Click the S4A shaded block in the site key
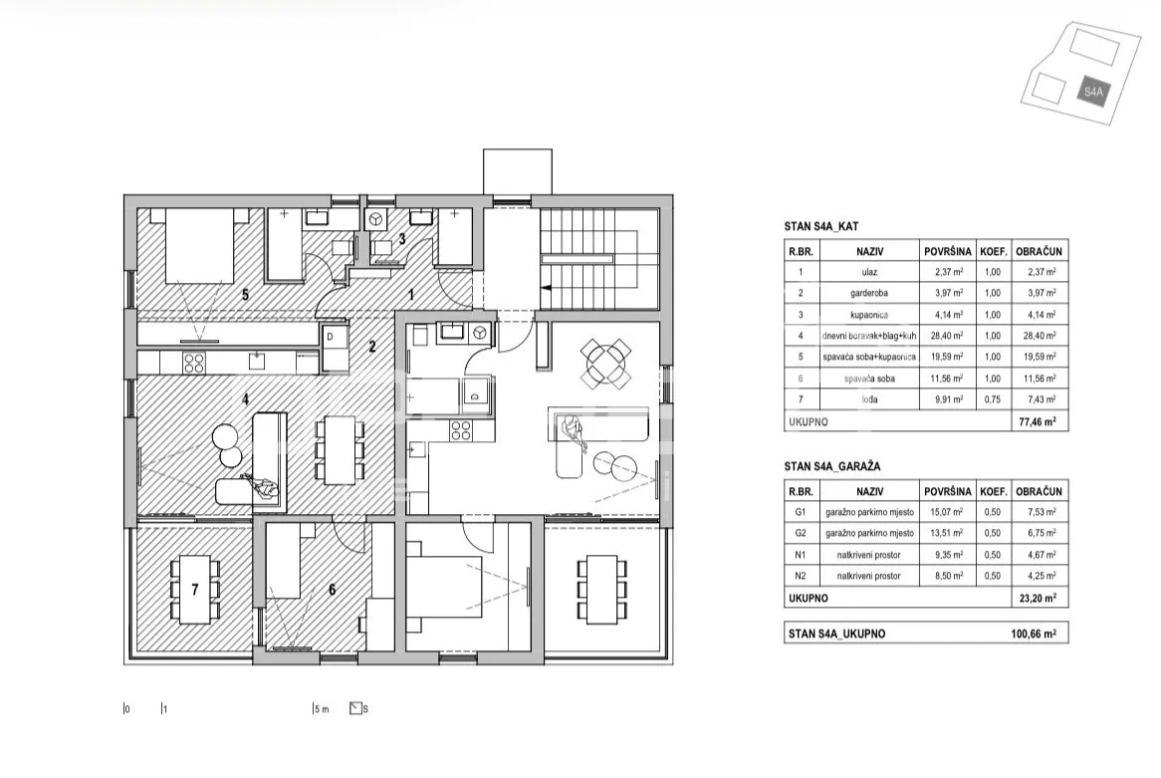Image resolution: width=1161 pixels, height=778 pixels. tap(1093, 91)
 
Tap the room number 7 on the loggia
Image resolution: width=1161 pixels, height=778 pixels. tap(195, 590)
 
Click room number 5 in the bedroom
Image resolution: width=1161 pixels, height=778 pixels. tap(245, 295)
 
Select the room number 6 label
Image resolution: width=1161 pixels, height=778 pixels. tap(332, 590)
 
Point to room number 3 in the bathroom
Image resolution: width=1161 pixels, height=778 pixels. tap(402, 239)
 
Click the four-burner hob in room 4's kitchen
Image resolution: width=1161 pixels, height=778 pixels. tap(194, 363)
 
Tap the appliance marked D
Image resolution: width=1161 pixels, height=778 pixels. tap(333, 347)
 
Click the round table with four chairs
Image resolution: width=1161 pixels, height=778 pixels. tap(605, 363)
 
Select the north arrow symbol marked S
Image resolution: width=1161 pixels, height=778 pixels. tap(356, 708)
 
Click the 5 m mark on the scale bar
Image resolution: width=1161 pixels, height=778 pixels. tap(321, 709)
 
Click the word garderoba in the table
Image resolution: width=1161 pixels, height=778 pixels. tap(869, 294)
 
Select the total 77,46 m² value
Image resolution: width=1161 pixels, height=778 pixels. tap(1039, 421)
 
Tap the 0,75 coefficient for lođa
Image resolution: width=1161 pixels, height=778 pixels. tap(992, 399)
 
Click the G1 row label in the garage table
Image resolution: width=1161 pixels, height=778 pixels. tap(801, 512)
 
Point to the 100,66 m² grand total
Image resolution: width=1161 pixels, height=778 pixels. tap(1034, 634)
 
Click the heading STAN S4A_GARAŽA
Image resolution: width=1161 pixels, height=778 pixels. tap(832, 467)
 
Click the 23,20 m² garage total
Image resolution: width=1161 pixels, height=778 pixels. tap(1039, 598)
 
